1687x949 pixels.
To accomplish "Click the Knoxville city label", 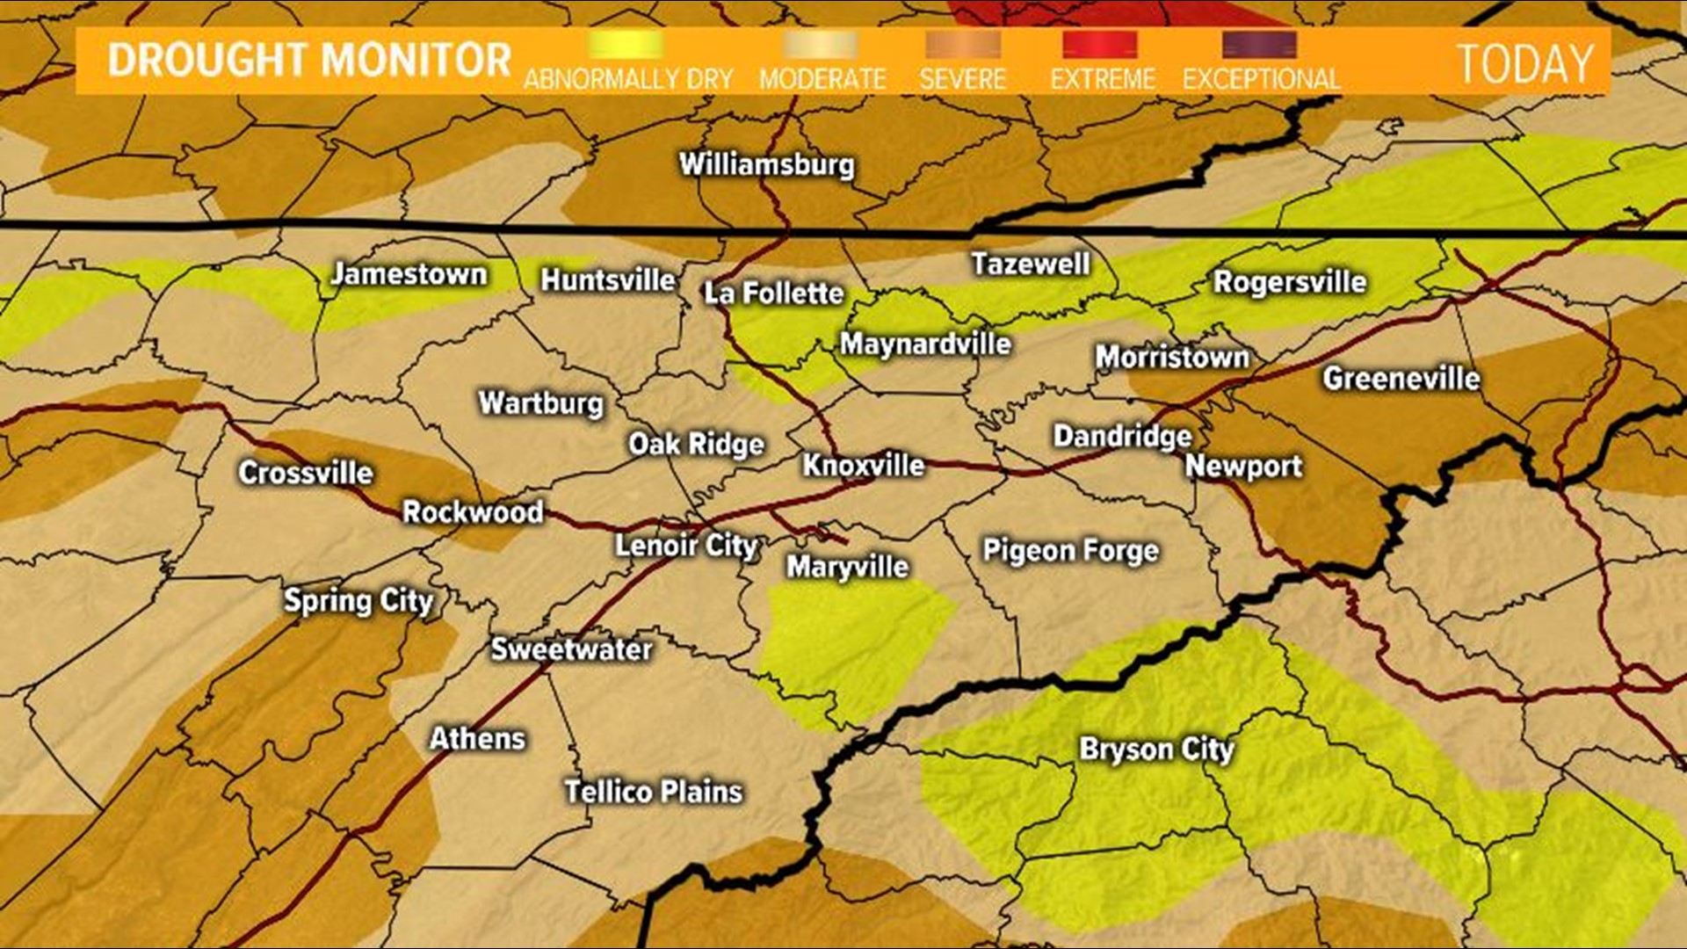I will pos(863,465).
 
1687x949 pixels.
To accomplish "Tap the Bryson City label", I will pos(1156,750).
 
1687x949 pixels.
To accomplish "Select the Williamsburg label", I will pos(766,164).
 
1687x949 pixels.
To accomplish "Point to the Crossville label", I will pos(306,473).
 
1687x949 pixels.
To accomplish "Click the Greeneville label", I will pos(1401,379).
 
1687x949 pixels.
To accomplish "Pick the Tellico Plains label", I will pos(654,792).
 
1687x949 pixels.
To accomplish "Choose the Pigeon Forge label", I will pos(1070,551).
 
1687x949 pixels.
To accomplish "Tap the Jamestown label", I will pos(409,274).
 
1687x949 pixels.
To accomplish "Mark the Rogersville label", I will pos(1289,282).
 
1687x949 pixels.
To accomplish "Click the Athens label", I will pos(477,738).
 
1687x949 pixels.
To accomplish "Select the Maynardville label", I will pos(925,344).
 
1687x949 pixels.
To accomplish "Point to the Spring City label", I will pos(358,601).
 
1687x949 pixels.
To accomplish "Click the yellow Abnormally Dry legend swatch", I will pos(626,45).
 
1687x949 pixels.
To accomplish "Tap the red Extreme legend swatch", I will pos(1099,45).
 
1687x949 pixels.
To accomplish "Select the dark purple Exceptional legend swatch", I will pos(1259,45).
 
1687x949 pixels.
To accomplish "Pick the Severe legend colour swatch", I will pos(962,45).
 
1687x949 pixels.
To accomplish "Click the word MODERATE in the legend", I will pos(822,79).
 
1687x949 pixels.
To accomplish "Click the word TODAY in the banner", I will pos(1524,63).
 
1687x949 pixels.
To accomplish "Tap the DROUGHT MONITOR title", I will pos(309,61).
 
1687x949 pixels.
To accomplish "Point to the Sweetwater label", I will pos(571,649).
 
